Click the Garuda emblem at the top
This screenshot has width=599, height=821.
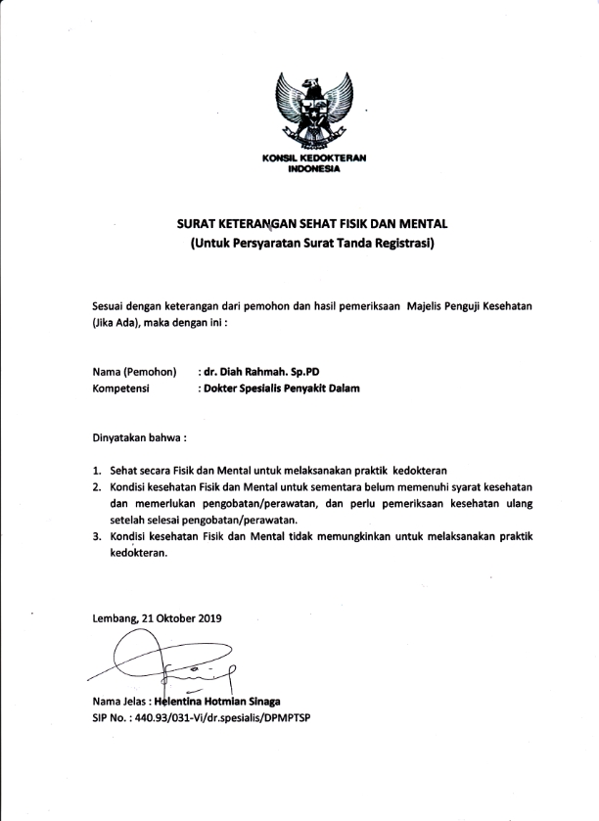(313, 112)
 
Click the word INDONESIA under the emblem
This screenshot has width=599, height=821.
(313, 168)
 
